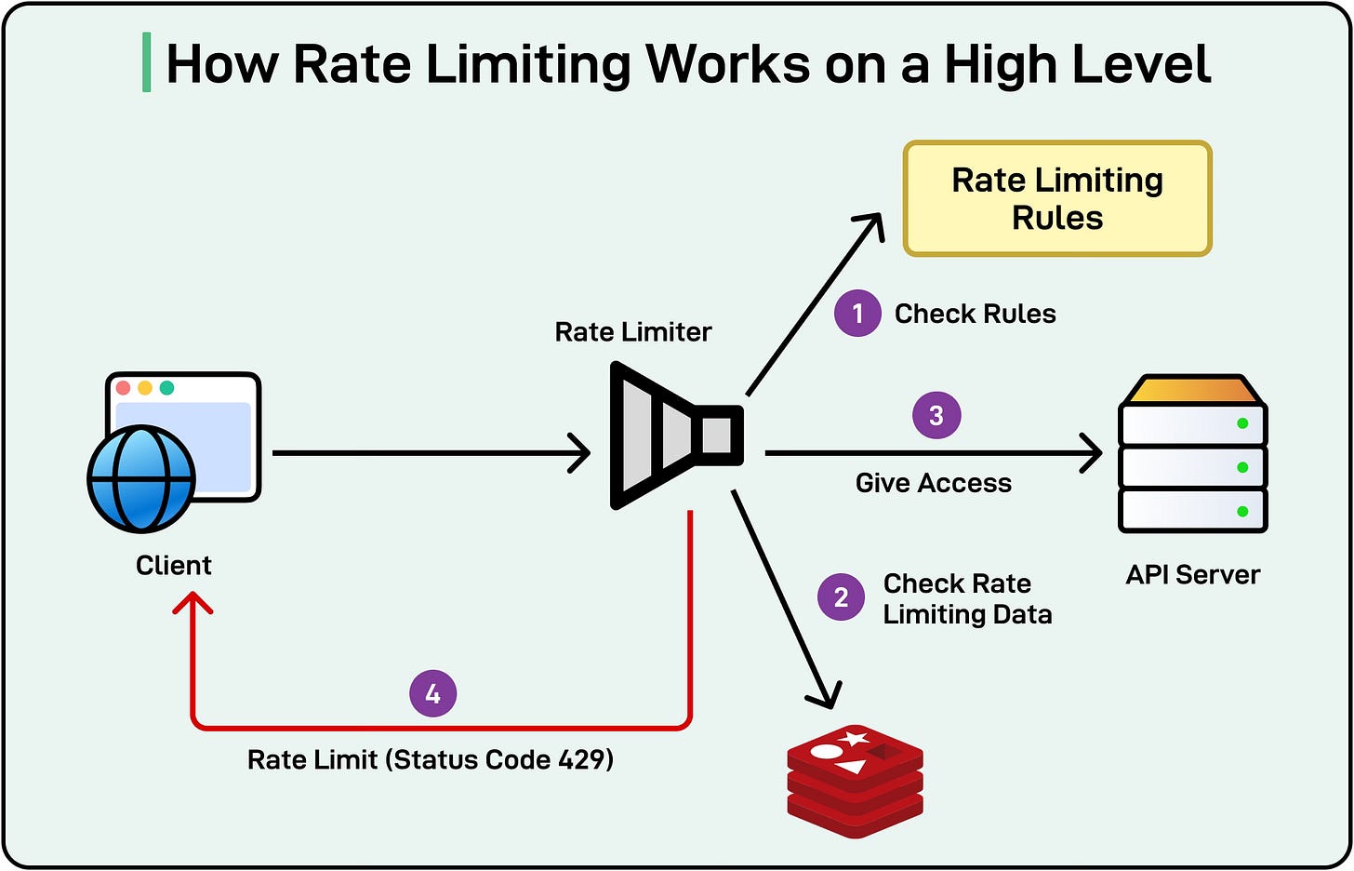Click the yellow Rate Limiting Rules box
[1057, 198]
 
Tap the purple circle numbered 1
[857, 314]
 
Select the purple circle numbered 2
[842, 597]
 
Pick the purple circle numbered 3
[936, 415]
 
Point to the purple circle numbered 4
[433, 694]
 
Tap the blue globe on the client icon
[141, 478]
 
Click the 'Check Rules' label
[975, 315]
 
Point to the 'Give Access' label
[934, 483]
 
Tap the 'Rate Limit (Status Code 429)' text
[431, 759]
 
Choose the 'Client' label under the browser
[174, 566]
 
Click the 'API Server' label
[1193, 575]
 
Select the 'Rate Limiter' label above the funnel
[633, 332]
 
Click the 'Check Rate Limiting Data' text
[967, 598]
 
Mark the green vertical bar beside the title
[146, 63]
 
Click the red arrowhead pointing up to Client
[192, 604]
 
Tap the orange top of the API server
[1193, 390]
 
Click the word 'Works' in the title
[729, 64]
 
